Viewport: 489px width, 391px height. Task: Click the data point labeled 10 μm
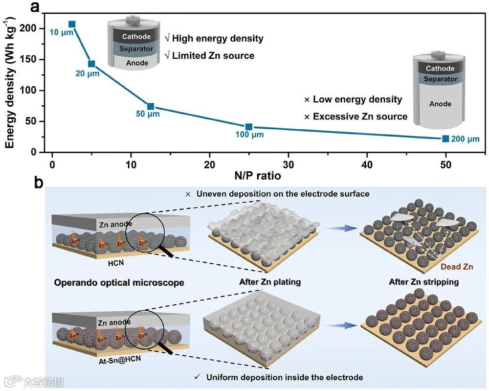pos(72,24)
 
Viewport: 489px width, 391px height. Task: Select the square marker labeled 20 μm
pos(91,64)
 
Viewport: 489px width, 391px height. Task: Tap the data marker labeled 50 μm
pos(151,107)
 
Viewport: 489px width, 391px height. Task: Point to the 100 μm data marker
pos(249,127)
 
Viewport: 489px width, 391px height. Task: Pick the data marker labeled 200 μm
pos(445,139)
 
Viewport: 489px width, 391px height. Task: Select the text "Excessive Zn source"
pos(360,116)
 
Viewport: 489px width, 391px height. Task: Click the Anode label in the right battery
pos(440,104)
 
